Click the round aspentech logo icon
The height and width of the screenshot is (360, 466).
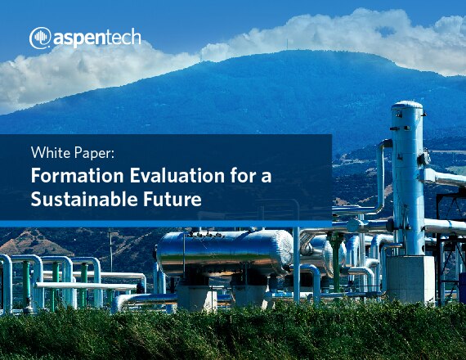[40, 38]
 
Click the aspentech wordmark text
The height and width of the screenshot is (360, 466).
[97, 38]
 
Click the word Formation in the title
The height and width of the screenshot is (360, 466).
[77, 176]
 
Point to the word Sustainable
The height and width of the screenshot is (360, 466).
[84, 199]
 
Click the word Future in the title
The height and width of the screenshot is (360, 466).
[173, 200]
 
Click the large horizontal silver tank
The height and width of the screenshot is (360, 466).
[224, 253]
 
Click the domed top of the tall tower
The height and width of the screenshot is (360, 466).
[407, 105]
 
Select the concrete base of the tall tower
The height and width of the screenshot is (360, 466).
[410, 278]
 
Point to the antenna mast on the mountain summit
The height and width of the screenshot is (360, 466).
[288, 45]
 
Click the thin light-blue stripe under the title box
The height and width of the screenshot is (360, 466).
[166, 223]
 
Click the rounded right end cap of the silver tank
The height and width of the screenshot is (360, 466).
[285, 253]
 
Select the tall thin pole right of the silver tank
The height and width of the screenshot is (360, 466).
[296, 265]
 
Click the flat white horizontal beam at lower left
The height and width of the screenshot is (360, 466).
[86, 286]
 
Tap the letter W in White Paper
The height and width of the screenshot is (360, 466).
[38, 152]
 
